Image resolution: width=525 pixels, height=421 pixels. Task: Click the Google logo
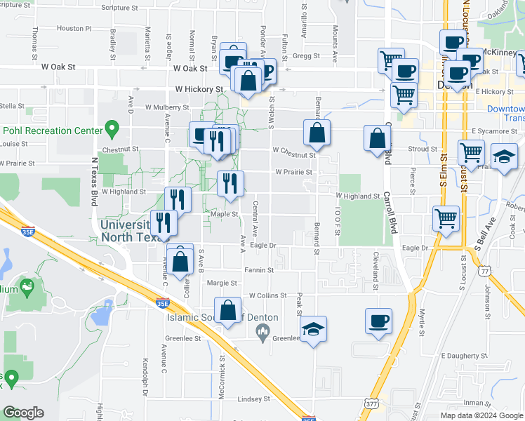pos(23,413)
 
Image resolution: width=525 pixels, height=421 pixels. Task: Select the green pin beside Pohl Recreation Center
pos(111,129)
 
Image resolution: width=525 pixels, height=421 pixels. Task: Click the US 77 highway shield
pos(484,271)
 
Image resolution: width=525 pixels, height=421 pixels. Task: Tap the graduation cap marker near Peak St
pos(313,328)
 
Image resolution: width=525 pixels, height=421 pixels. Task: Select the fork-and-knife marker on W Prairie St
pos(230,183)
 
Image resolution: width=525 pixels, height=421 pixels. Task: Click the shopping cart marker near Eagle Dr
pos(446,218)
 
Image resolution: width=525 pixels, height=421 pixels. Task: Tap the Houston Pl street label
pos(74,29)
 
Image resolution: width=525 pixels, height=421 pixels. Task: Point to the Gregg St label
pos(306,55)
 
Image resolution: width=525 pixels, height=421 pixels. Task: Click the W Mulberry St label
pos(167,107)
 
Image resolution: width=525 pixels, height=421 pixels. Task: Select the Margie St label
pos(222,283)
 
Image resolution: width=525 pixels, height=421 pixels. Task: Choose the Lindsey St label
pos(253,399)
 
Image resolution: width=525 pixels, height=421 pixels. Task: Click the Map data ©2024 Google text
pos(481,415)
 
